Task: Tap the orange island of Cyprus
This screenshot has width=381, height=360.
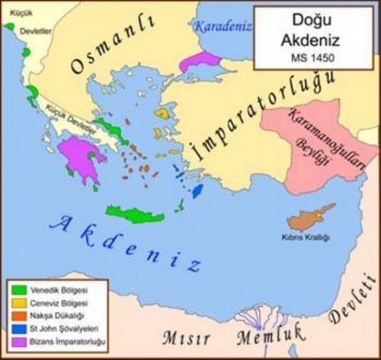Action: click(x=306, y=217)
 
